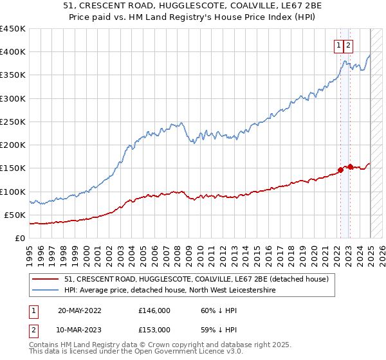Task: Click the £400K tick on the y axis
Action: click(x=13, y=52)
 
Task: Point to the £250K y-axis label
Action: click(x=13, y=122)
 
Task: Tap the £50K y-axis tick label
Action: click(x=15, y=215)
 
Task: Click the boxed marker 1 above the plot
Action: click(x=338, y=45)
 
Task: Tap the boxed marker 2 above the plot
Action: click(x=348, y=45)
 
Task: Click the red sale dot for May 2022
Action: click(x=340, y=170)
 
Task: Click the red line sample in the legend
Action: click(x=45, y=280)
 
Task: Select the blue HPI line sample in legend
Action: click(x=45, y=291)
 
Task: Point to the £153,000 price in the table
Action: click(x=154, y=330)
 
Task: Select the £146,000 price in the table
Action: click(x=154, y=310)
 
